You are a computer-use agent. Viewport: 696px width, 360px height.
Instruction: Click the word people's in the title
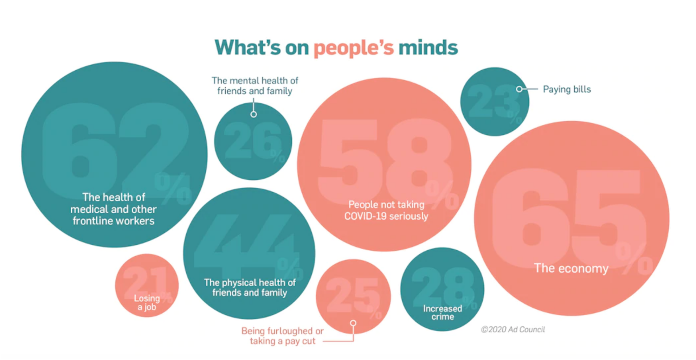pyautogui.click(x=353, y=48)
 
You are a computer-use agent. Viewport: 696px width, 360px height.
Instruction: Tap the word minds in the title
pyautogui.click(x=428, y=48)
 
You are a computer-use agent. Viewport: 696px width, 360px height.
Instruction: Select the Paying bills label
pyautogui.click(x=567, y=89)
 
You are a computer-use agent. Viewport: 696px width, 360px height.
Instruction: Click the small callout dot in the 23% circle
pyautogui.click(x=519, y=89)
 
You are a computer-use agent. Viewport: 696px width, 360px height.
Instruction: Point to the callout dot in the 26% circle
pyautogui.click(x=253, y=114)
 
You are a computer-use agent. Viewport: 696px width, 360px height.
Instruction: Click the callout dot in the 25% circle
pyautogui.click(x=353, y=323)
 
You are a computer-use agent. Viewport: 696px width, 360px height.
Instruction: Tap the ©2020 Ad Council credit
pyautogui.click(x=513, y=329)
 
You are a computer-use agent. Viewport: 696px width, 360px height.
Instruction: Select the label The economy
pyautogui.click(x=571, y=269)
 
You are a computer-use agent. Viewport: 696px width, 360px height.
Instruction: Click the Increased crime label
pyautogui.click(x=443, y=313)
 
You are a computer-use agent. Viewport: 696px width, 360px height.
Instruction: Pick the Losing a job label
pyautogui.click(x=147, y=303)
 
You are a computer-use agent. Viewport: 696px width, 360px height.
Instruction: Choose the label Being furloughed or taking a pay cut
pyautogui.click(x=282, y=336)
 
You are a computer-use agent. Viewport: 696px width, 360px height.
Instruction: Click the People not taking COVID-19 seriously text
pyautogui.click(x=386, y=210)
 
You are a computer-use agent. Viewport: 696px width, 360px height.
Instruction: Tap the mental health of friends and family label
pyautogui.click(x=255, y=86)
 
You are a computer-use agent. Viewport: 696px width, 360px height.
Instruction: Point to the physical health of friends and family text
pyautogui.click(x=250, y=288)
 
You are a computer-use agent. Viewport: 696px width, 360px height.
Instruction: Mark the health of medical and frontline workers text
pyautogui.click(x=114, y=209)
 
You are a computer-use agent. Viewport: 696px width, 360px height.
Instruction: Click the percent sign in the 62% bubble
pyautogui.click(x=173, y=188)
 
